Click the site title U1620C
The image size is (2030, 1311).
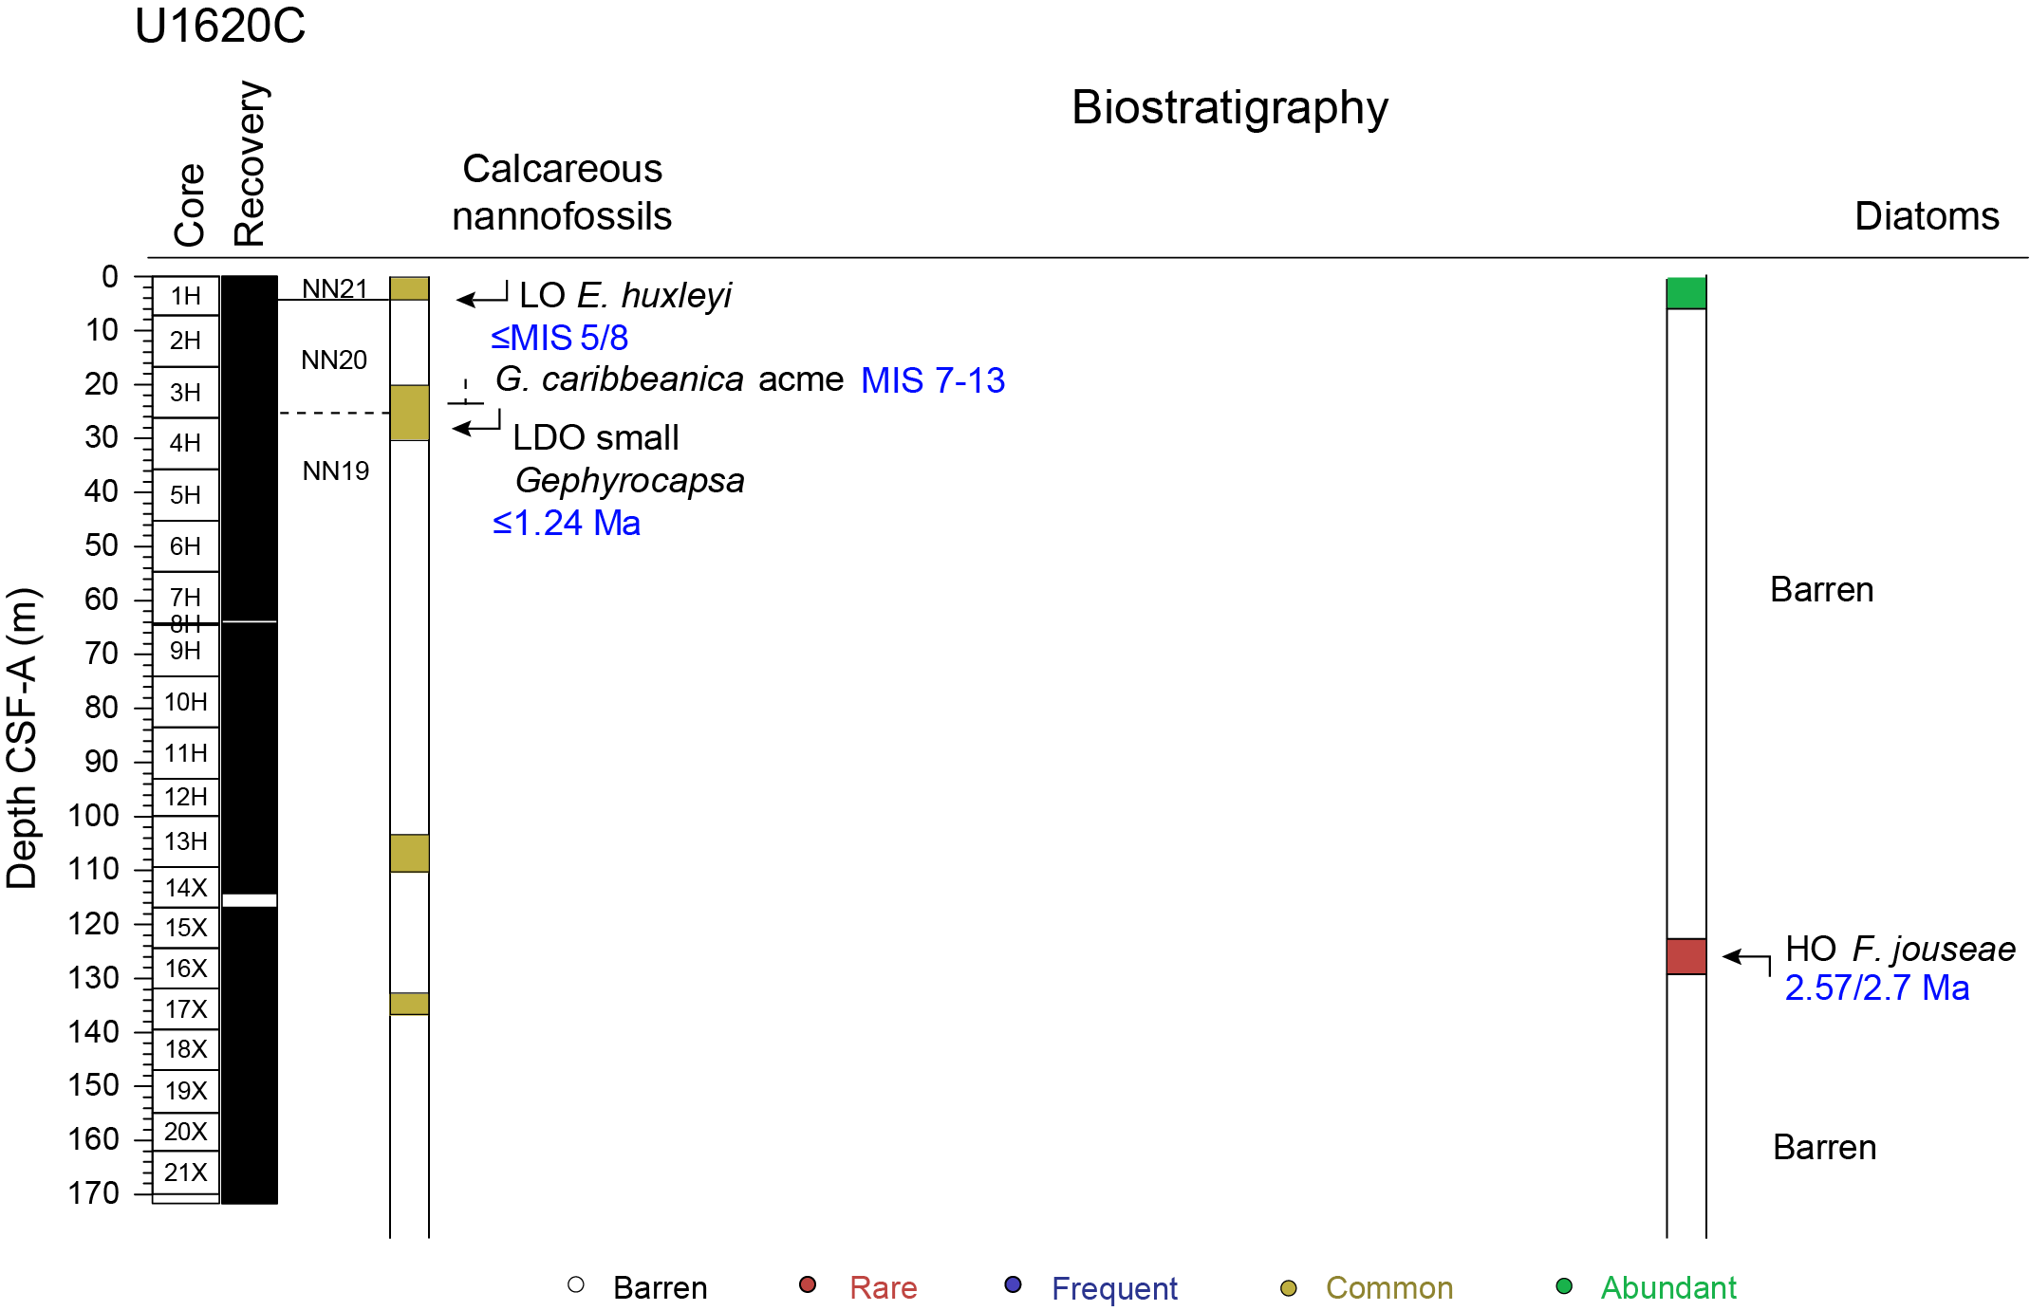[220, 27]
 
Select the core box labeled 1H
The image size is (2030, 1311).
[186, 296]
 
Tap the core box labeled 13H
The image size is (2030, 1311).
[186, 841]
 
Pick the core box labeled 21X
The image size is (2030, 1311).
[186, 1173]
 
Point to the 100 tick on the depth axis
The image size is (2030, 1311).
[142, 816]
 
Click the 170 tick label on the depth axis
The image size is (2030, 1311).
[94, 1192]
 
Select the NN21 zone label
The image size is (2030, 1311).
[334, 288]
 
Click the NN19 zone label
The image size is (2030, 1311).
[335, 471]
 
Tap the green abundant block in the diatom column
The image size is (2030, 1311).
[1686, 293]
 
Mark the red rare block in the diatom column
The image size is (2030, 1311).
[1686, 956]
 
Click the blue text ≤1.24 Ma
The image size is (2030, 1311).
[567, 523]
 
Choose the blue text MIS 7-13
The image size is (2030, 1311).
[932, 380]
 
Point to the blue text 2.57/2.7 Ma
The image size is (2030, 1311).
[1876, 988]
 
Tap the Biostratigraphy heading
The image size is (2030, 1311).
[1229, 107]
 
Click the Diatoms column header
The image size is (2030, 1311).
[1927, 216]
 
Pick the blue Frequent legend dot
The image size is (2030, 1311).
[1013, 1285]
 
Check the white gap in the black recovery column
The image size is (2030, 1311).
[250, 900]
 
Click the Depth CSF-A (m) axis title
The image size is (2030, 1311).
[23, 738]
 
